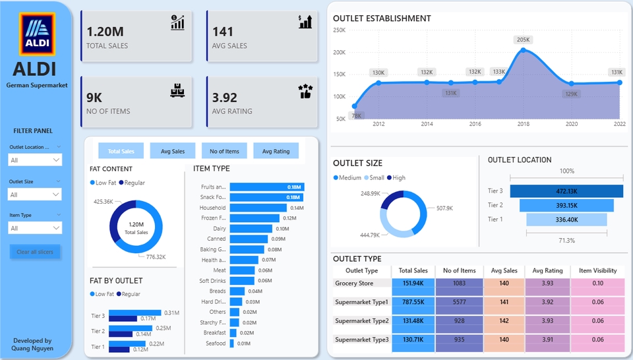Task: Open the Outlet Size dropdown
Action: (x=35, y=194)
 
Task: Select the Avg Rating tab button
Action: (x=276, y=151)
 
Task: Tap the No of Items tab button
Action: (x=224, y=151)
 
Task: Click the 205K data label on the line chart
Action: (x=524, y=40)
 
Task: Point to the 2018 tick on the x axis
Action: (x=524, y=124)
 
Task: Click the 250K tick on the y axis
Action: (x=340, y=30)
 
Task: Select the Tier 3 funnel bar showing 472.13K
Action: (x=566, y=191)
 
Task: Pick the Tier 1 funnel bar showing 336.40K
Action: (x=566, y=220)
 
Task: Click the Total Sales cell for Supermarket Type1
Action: (x=413, y=302)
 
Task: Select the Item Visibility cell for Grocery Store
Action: (x=597, y=284)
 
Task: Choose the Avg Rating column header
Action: (x=547, y=270)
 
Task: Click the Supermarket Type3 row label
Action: (x=362, y=340)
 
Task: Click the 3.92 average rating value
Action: (x=225, y=98)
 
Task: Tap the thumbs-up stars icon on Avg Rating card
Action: (x=305, y=91)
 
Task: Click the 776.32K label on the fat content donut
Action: (x=156, y=257)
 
